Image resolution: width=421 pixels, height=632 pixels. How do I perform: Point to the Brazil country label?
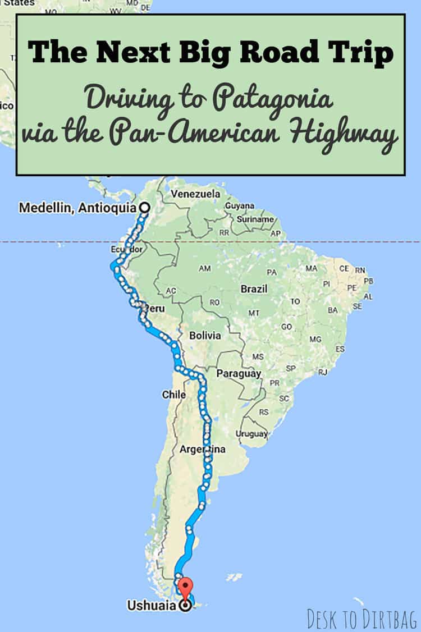coord(254,290)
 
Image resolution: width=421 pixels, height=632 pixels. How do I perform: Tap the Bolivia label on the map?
coord(205,336)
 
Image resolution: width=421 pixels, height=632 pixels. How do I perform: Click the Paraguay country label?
coord(239,373)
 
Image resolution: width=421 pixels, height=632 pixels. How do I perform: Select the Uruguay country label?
coord(251,434)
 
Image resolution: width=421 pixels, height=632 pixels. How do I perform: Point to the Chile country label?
coord(173,395)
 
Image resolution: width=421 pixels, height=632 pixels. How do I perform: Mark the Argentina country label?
coord(203,449)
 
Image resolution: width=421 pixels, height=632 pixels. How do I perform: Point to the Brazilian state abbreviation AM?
coord(205,268)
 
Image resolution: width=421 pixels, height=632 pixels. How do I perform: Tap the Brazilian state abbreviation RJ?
coord(322,372)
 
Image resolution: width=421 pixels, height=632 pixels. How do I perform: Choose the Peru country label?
coord(154,309)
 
